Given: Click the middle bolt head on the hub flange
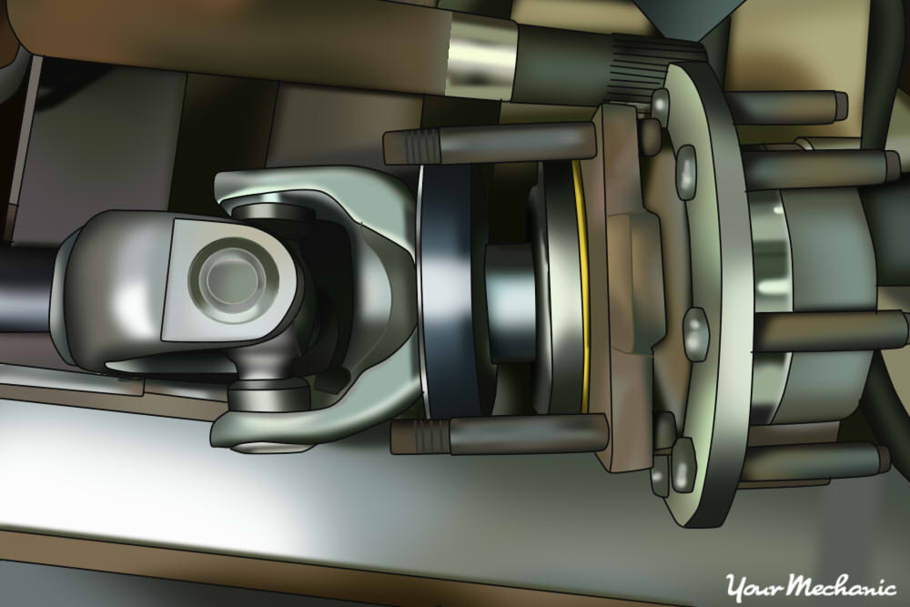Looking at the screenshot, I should pos(695,333).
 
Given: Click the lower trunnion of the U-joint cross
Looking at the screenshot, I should pos(269,397).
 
